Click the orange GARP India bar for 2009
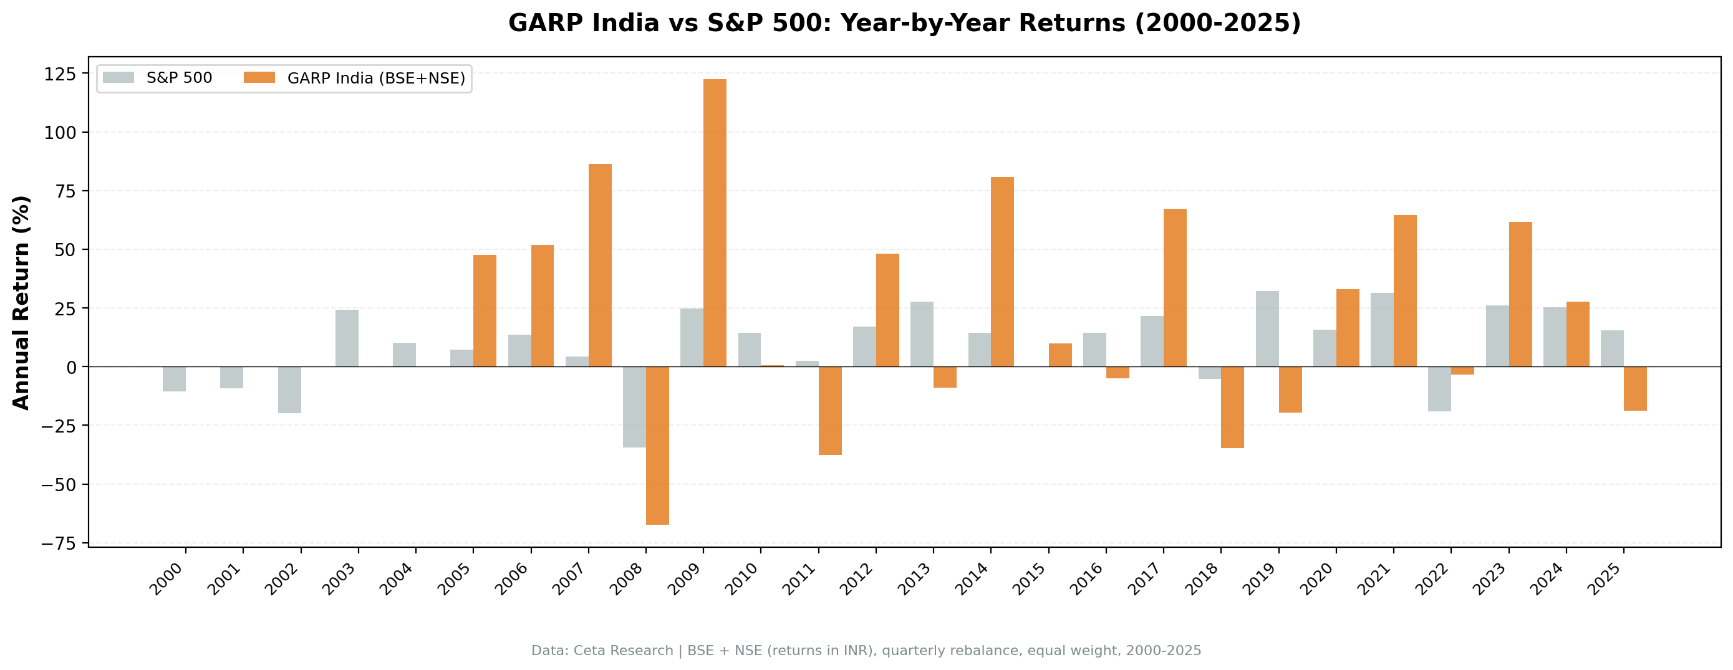[715, 223]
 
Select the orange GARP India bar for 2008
[657, 446]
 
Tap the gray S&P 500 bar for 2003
[347, 338]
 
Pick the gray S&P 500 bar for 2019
[1267, 328]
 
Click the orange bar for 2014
[1002, 272]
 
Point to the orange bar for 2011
[830, 410]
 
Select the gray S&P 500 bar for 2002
[289, 390]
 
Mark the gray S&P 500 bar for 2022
[1440, 388]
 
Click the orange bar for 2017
[1175, 287]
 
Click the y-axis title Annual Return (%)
[22, 302]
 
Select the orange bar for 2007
[600, 265]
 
